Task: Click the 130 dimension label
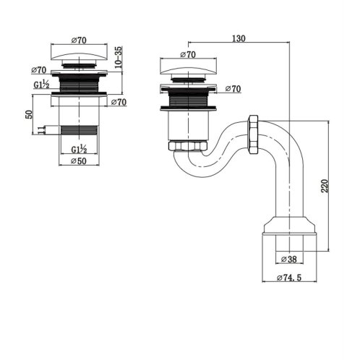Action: coord(239,38)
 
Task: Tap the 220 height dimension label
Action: coord(325,186)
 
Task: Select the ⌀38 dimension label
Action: coord(289,260)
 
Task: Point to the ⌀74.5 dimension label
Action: coord(289,278)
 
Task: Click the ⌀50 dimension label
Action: coord(79,161)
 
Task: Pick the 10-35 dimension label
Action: coord(119,57)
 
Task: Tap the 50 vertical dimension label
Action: coord(28,114)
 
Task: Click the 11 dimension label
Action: coord(41,130)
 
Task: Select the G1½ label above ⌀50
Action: coord(79,149)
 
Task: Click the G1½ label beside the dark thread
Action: coord(42,85)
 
